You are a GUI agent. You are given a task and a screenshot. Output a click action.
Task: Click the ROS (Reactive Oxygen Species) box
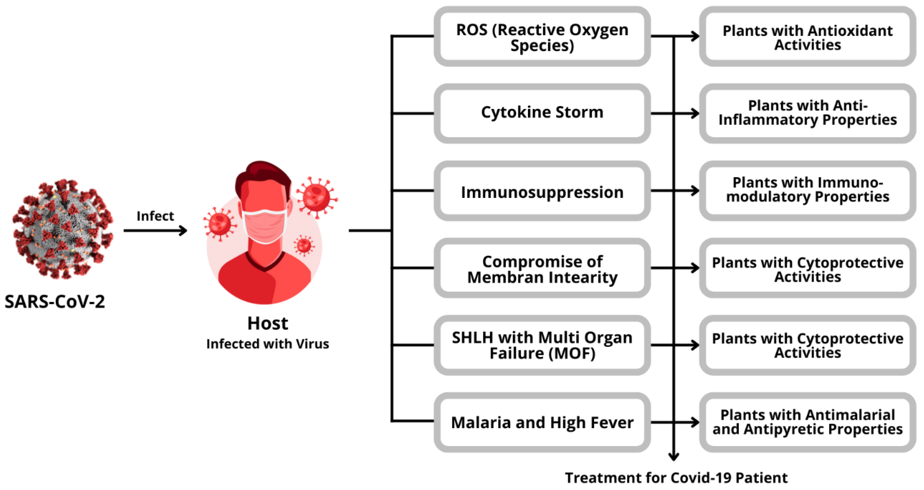[x=542, y=37]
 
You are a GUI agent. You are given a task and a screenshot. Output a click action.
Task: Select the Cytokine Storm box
[x=542, y=113]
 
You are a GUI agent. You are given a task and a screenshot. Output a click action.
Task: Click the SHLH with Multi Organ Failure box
[x=542, y=345]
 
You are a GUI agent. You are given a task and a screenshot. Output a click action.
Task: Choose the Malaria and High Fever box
[x=542, y=422]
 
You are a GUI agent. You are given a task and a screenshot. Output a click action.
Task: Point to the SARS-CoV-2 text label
[x=55, y=301]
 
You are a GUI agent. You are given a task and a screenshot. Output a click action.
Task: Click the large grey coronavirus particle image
[x=63, y=230]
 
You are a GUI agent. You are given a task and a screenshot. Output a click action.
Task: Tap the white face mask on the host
[x=265, y=226]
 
